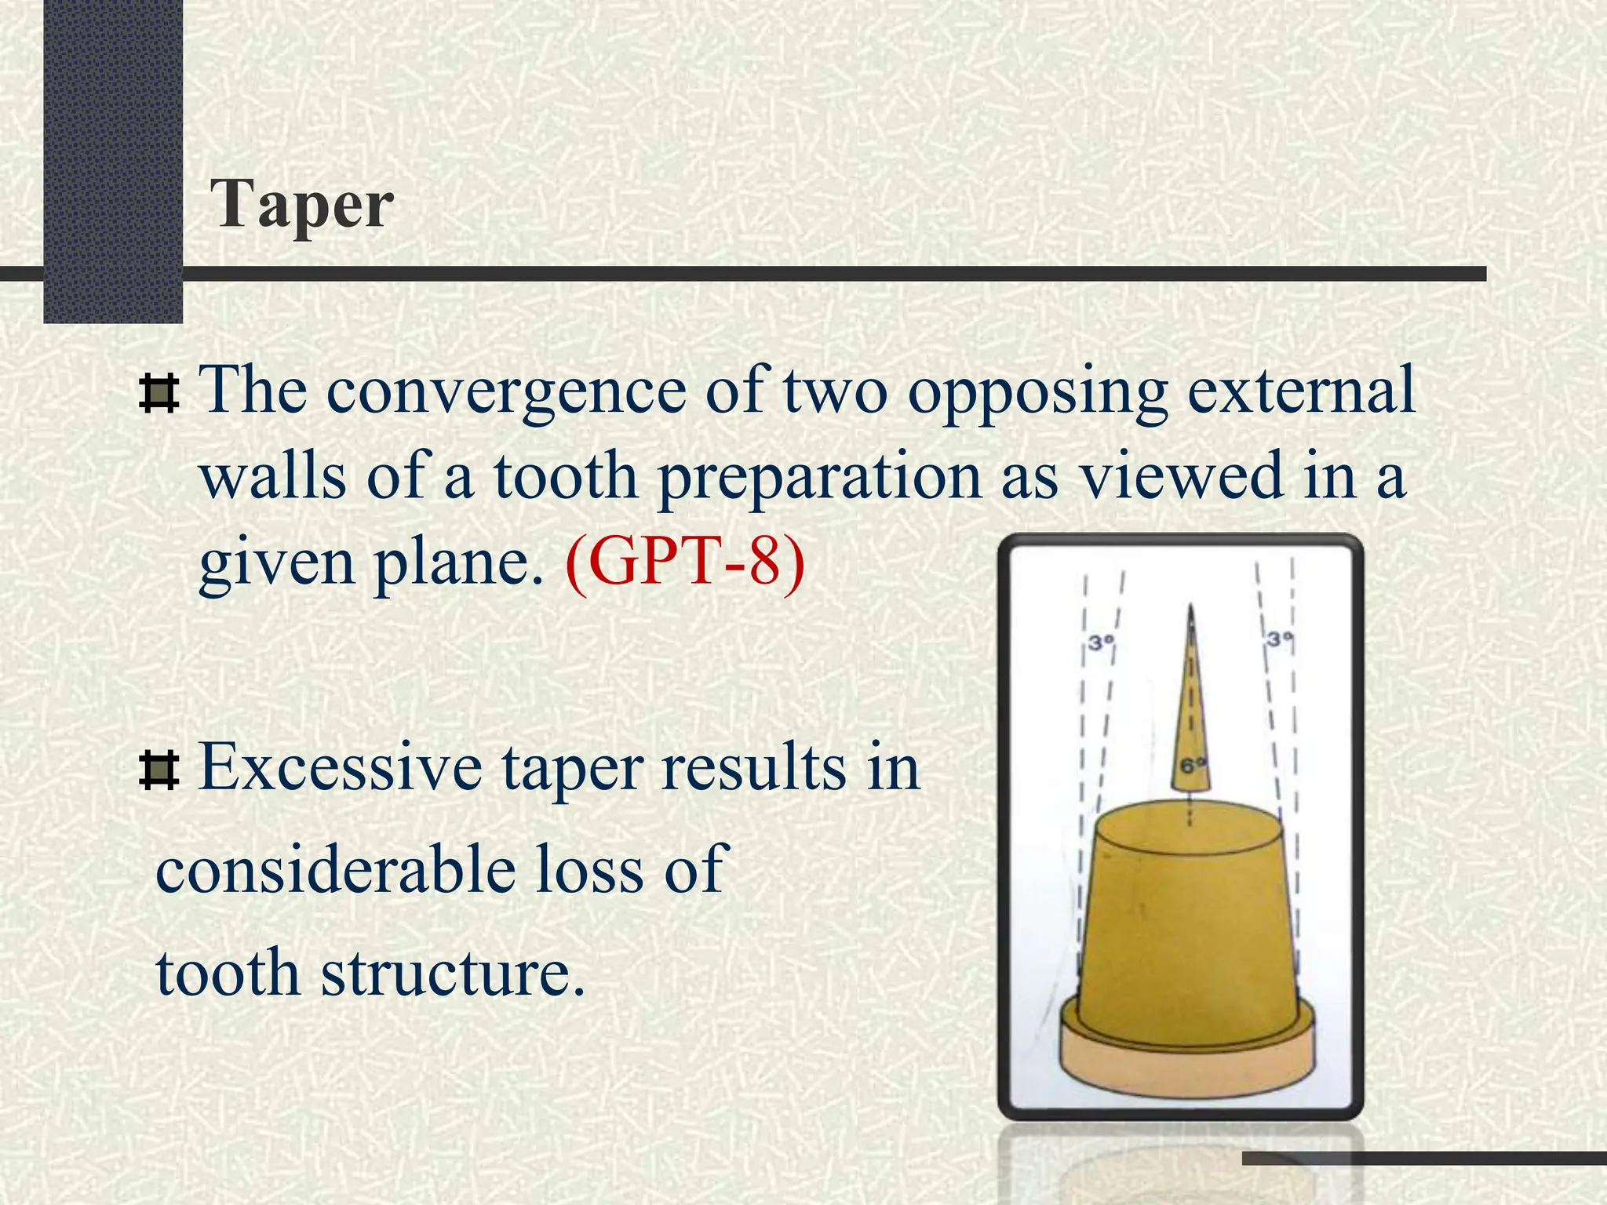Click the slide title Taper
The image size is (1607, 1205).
click(x=301, y=206)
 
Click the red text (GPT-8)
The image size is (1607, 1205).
click(x=684, y=562)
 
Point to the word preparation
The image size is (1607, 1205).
click(x=820, y=479)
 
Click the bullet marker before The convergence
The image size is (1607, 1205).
click(x=159, y=393)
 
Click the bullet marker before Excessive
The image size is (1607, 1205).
click(x=159, y=770)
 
